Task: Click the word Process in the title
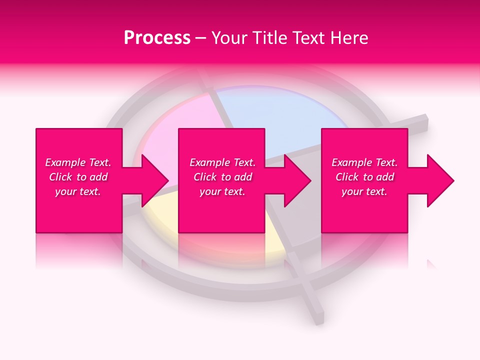[x=157, y=38]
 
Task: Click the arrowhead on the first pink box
[x=155, y=180]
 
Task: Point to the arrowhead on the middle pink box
[x=298, y=180]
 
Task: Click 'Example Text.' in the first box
[x=78, y=162]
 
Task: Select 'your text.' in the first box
[x=78, y=191]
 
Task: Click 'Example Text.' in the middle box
[x=222, y=162]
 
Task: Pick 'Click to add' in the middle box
[x=222, y=177]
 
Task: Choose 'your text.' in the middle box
[x=222, y=191]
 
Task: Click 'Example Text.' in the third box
[x=364, y=162]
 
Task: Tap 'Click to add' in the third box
[x=364, y=177]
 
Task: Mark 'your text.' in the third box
[x=364, y=191]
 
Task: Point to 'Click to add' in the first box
[x=78, y=177]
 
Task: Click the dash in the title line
[x=201, y=38]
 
